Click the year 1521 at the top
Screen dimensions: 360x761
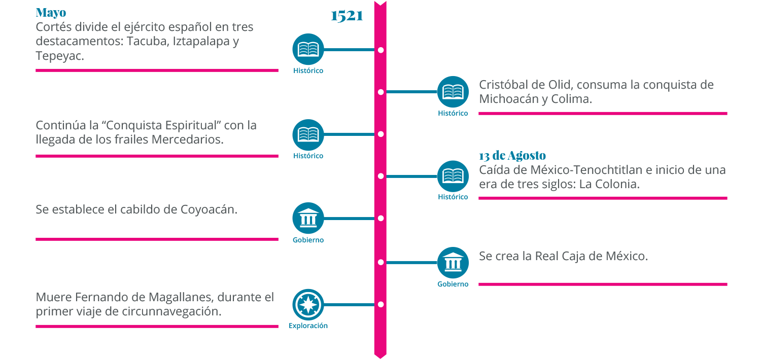[347, 16]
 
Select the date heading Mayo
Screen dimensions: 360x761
[51, 13]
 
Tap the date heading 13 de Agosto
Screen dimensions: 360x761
[512, 156]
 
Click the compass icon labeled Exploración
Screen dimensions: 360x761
[308, 305]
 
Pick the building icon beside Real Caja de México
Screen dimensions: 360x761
[453, 263]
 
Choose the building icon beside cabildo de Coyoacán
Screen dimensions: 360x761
[308, 219]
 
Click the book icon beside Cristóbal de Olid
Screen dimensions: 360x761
[453, 92]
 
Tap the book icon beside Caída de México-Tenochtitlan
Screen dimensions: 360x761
[453, 176]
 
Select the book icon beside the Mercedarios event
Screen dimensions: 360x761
[308, 134]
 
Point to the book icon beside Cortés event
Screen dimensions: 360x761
[308, 49]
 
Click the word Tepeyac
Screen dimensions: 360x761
[59, 56]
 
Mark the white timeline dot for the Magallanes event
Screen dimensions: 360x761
[380, 305]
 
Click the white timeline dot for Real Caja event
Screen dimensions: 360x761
[380, 263]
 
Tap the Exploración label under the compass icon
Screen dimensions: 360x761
[308, 326]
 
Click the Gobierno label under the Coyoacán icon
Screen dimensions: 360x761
[308, 240]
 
